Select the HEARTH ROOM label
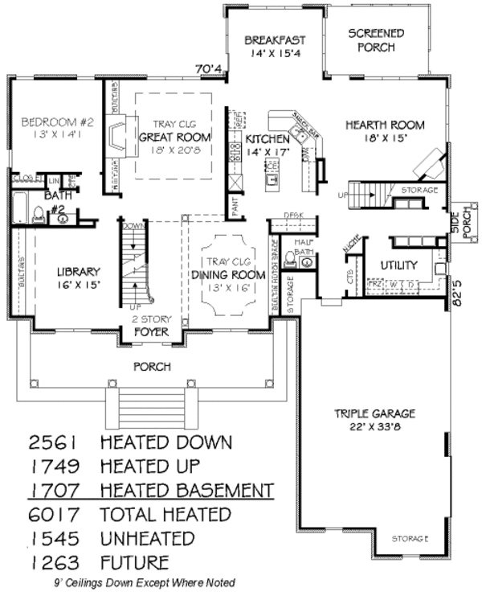tap(385, 125)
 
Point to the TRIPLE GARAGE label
tap(374, 413)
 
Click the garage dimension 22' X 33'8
tap(374, 426)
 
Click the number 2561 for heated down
tap(56, 442)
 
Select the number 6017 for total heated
tap(56, 514)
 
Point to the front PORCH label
tap(152, 367)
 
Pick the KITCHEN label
tap(261, 138)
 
